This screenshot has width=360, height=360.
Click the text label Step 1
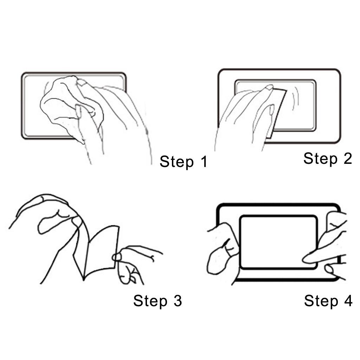[183, 162]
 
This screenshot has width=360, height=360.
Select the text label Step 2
[327, 158]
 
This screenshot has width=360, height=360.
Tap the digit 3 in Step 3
[176, 301]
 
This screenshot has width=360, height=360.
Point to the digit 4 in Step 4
[347, 301]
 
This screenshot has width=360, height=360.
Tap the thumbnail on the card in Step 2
[271, 110]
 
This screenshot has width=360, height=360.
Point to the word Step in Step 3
[148, 301]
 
